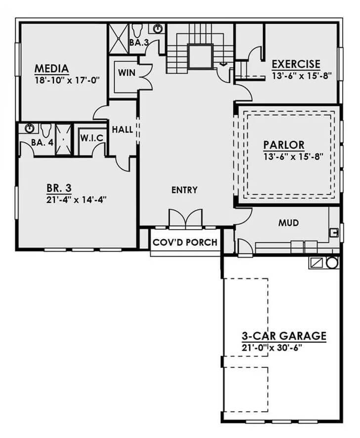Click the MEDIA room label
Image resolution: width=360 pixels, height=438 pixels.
pos(51,68)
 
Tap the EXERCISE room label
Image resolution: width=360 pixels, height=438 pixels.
pos(296,65)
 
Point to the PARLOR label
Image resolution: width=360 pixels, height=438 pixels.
pos(283,145)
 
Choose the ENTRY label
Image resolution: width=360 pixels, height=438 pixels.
pos(184,190)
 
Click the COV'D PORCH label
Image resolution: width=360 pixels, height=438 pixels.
pos(185,242)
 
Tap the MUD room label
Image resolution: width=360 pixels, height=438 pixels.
pos(288,223)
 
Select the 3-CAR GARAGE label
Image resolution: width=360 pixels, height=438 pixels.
pos(283,336)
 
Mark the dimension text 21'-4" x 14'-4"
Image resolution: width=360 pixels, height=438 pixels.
pos(77,199)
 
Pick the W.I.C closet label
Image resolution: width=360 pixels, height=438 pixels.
pos(91,138)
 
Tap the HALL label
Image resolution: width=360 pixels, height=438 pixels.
pos(122,130)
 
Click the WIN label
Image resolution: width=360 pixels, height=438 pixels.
pos(127,73)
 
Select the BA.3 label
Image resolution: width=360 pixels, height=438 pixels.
pos(138,43)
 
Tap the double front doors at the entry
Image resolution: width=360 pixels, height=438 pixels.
pos(185,219)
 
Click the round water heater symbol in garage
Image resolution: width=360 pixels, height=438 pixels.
pos(332,263)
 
